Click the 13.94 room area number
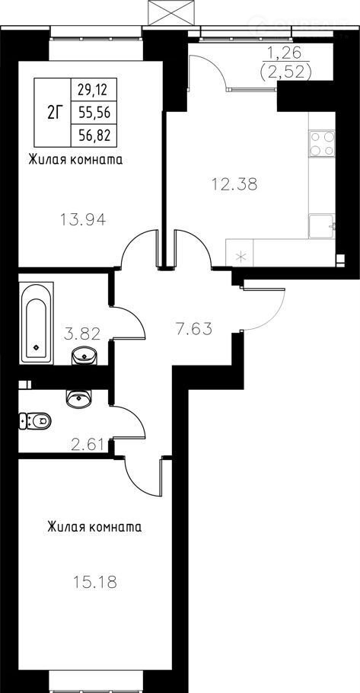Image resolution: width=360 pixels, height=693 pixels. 83,219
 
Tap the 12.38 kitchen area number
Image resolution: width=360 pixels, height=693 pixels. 234,184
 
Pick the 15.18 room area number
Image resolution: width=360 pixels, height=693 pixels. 95,582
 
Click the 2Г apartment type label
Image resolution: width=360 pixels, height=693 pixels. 53,113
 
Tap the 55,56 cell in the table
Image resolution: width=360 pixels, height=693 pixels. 94,113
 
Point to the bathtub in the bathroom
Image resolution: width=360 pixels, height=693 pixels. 37,324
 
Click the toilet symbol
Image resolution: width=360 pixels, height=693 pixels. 35,420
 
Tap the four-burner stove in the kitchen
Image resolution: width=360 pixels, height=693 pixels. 322,143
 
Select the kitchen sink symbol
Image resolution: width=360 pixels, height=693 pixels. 323,226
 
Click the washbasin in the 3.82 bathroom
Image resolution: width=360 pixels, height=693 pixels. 84,355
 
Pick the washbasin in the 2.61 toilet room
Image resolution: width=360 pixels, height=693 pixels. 78,398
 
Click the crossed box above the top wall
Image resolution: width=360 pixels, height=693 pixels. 171,12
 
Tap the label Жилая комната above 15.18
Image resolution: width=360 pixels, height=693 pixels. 94,527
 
